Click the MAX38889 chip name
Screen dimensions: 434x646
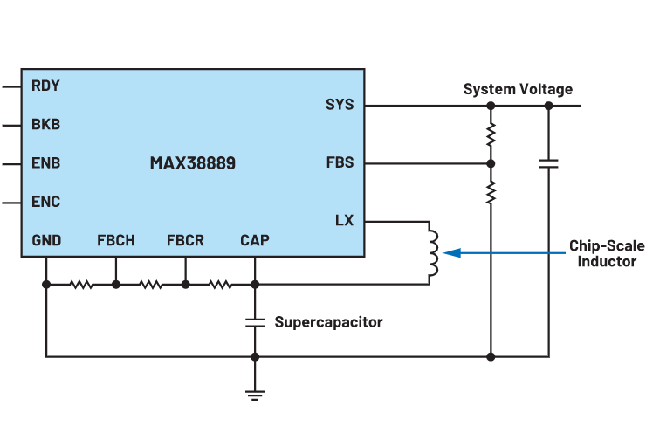pyautogui.click(x=193, y=163)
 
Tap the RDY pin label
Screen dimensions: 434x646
pyautogui.click(x=45, y=86)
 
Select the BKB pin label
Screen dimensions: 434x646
pyautogui.click(x=45, y=125)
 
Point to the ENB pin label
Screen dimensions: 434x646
pyautogui.click(x=45, y=163)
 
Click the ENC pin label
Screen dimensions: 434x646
pyautogui.click(x=45, y=202)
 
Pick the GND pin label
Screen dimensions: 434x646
pyautogui.click(x=46, y=240)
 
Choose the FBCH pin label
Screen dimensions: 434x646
pyautogui.click(x=115, y=240)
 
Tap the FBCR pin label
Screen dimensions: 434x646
pyautogui.click(x=185, y=240)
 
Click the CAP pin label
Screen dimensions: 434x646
pyautogui.click(x=255, y=240)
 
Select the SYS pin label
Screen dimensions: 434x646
pyautogui.click(x=340, y=105)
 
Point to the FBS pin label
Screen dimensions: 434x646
pyautogui.click(x=340, y=163)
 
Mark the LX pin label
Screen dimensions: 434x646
pyautogui.click(x=344, y=221)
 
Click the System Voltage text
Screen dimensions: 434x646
pyautogui.click(x=518, y=89)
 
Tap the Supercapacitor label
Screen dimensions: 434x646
pyautogui.click(x=328, y=322)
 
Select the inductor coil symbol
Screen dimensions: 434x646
pyautogui.click(x=432, y=253)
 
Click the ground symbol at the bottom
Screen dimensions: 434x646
pyautogui.click(x=255, y=392)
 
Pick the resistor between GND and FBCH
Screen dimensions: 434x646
pyautogui.click(x=81, y=284)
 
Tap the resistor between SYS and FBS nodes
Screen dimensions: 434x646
pyautogui.click(x=491, y=134)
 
